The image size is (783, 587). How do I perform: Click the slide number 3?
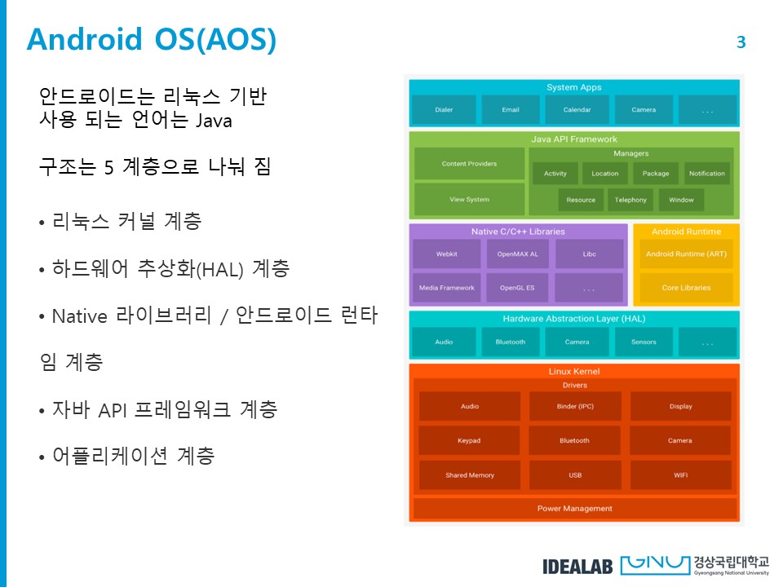point(741,42)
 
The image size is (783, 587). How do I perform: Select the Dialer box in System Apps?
point(444,110)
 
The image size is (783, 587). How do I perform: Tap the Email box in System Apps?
point(511,110)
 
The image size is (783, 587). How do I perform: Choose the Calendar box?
point(577,110)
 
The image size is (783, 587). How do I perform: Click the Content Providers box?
point(469,164)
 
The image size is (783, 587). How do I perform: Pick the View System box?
point(469,200)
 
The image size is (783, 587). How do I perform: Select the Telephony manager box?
point(630,200)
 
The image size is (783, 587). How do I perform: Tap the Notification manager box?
point(706,174)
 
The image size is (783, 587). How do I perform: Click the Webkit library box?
point(446,254)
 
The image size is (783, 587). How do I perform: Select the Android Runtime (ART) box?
point(686,254)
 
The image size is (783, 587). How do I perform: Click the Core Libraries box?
point(686,288)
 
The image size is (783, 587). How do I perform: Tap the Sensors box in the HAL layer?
point(644,342)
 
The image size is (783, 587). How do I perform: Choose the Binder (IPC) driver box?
point(574,406)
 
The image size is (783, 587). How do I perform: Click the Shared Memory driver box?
point(470,475)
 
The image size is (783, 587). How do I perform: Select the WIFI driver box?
point(680,475)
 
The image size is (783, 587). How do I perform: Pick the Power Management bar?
point(574,509)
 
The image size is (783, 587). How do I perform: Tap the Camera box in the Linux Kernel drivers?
point(680,441)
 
